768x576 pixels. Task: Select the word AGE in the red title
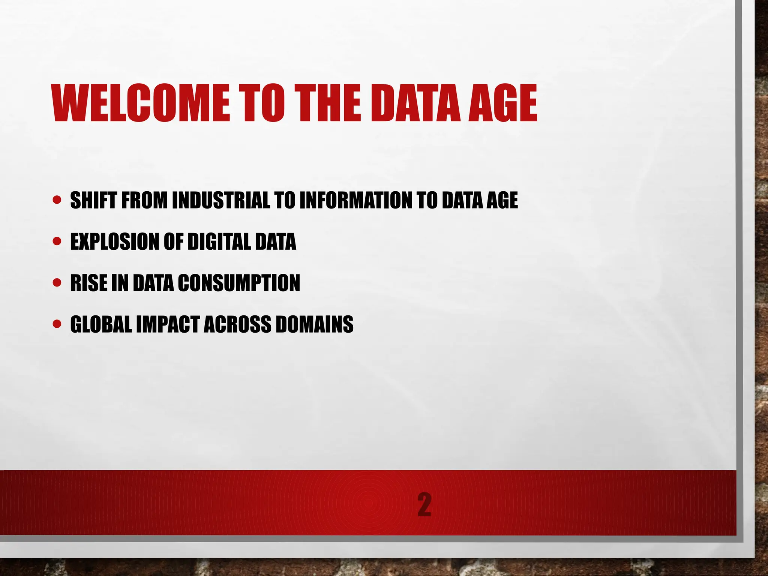pyautogui.click(x=502, y=103)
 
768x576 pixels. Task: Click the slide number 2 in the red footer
pyautogui.click(x=424, y=505)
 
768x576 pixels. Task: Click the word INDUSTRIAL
pyautogui.click(x=221, y=200)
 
